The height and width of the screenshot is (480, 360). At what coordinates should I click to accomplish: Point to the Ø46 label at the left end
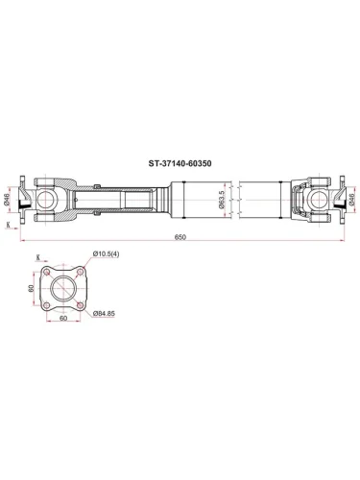(x=9, y=198)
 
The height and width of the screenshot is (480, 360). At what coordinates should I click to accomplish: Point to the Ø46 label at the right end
(x=352, y=198)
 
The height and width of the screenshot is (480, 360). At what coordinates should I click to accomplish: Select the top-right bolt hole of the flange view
(x=80, y=271)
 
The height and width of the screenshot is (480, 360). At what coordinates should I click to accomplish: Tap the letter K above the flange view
(x=37, y=257)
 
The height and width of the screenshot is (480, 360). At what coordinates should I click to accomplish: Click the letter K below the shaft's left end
(x=9, y=227)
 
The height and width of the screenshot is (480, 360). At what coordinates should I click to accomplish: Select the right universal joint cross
(x=318, y=199)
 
